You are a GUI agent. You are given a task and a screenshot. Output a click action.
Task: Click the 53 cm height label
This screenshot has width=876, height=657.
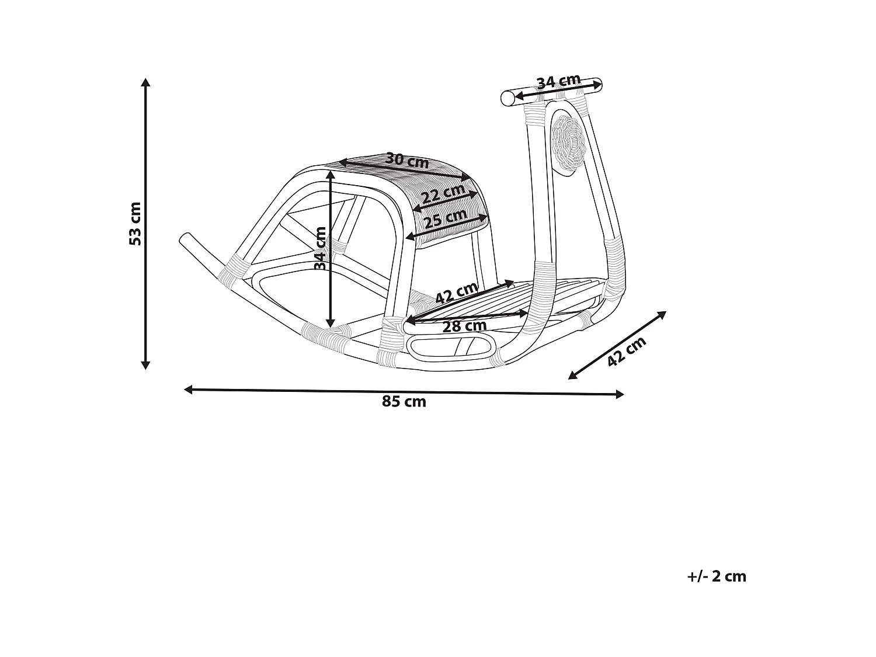pos(135,224)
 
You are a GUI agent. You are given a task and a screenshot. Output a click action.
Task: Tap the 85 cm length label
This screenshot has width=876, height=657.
pos(404,401)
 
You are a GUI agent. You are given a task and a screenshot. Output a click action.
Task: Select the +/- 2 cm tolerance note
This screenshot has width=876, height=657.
pos(717,577)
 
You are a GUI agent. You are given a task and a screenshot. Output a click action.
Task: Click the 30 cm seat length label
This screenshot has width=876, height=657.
pos(407,161)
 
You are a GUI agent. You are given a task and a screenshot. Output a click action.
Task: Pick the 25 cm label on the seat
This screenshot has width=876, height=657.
pos(446,218)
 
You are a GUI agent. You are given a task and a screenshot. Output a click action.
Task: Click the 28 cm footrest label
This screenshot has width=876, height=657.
pos(464,326)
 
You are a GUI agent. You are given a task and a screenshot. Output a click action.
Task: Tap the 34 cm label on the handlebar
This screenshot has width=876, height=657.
pos(559,81)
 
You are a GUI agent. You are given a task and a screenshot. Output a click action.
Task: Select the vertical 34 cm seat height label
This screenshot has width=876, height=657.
pos(320,248)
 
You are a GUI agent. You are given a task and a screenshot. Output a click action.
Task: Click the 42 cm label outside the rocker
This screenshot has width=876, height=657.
pos(626,351)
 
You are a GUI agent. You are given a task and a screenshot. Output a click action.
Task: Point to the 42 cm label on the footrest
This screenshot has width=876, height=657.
pos(457,293)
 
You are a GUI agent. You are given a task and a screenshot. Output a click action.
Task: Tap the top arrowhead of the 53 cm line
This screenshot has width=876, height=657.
pos(145,82)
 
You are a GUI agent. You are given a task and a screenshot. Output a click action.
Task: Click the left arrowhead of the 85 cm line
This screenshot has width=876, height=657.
pos(188,390)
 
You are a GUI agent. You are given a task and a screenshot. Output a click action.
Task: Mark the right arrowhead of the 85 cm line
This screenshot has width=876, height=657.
pos(620,395)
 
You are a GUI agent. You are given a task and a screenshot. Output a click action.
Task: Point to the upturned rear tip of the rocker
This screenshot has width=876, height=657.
pos(185,238)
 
